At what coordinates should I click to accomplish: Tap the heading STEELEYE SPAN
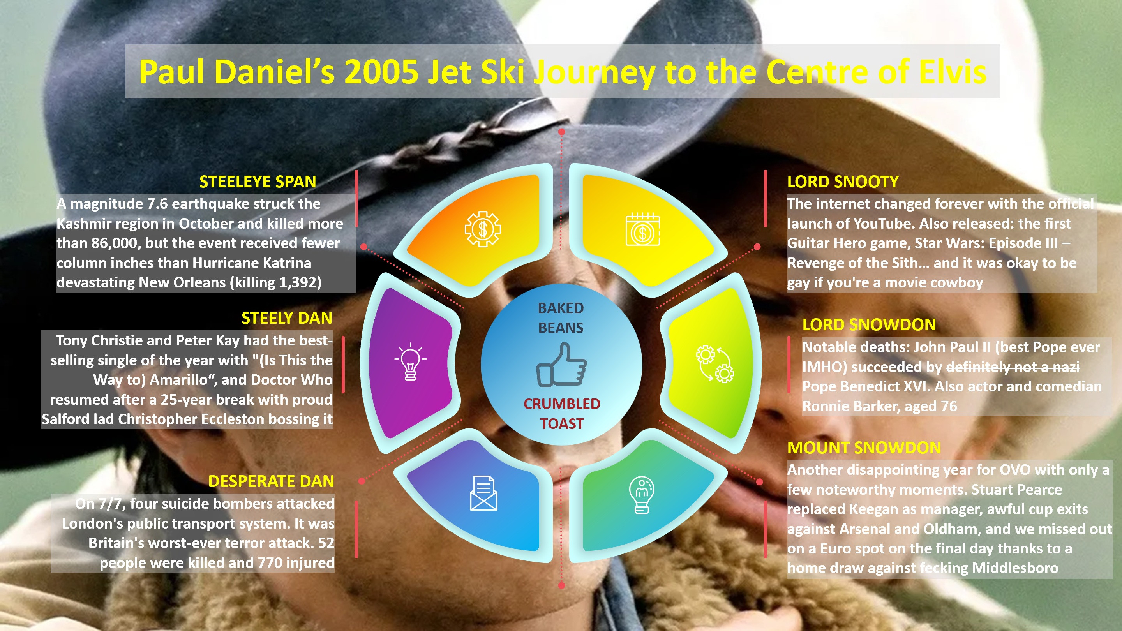pos(258,182)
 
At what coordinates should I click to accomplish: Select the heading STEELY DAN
pos(287,318)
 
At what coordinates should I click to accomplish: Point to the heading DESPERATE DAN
pos(271,481)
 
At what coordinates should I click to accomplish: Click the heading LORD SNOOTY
pos(843,182)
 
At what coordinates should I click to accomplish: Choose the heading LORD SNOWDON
pos(869,325)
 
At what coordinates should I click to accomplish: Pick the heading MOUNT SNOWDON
pos(864,448)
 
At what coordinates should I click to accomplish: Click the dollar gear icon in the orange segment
pos(483,229)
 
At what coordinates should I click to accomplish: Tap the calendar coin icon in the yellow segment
pos(642,230)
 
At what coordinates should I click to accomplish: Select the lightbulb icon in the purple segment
pos(410,361)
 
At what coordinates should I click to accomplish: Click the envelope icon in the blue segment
pos(483,494)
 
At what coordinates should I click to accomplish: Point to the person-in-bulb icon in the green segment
pos(642,495)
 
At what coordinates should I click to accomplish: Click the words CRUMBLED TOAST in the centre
pos(562,414)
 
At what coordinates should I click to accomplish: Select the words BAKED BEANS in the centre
pos(561,318)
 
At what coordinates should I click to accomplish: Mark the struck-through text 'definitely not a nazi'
pos(1013,367)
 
